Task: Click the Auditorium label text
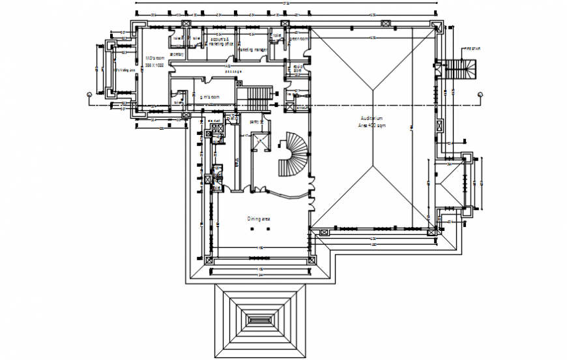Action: click(373, 118)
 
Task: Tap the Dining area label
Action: click(258, 219)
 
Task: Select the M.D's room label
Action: click(154, 58)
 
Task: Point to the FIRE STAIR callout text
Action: click(471, 49)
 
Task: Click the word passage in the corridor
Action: click(233, 71)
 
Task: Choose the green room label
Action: click(299, 38)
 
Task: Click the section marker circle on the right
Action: click(480, 95)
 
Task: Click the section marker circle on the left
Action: click(89, 95)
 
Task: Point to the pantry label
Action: click(256, 121)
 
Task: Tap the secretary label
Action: click(177, 55)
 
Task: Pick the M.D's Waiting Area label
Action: click(124, 70)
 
